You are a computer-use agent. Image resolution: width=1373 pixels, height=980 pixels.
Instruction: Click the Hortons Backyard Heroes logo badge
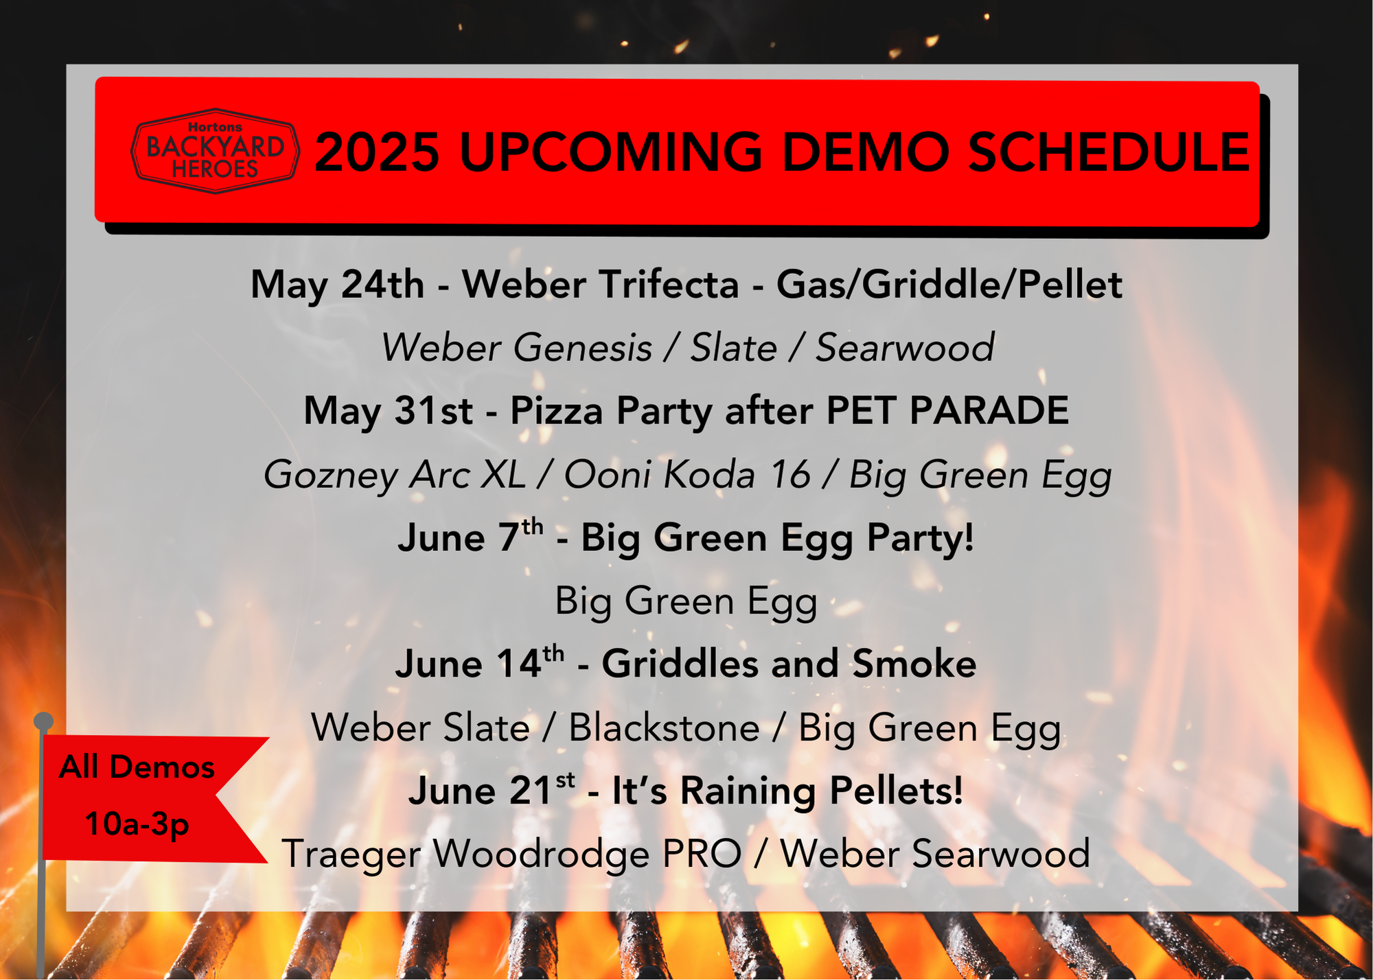coord(215,151)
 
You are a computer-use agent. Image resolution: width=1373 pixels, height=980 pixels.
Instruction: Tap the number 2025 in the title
coord(377,152)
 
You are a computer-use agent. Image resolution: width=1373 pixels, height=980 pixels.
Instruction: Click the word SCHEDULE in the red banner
coord(1109,152)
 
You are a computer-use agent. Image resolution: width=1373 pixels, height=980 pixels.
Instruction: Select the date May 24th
coord(337,284)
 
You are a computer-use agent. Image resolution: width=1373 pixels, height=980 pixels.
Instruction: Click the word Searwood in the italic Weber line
coord(905,347)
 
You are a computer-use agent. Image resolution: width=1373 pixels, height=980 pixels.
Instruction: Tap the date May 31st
coord(388,410)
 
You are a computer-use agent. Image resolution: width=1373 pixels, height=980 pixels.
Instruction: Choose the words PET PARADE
coord(947,410)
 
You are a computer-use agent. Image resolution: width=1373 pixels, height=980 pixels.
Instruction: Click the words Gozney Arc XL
coord(395,475)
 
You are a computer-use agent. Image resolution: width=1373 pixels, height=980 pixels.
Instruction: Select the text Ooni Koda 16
coord(687,474)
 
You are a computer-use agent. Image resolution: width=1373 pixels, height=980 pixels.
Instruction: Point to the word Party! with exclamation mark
coord(921,537)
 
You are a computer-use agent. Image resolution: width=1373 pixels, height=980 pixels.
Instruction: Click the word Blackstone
coord(664,727)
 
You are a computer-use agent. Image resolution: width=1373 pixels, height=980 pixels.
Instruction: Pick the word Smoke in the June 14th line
coord(914,664)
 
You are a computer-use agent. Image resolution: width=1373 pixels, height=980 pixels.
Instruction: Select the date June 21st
coord(491,790)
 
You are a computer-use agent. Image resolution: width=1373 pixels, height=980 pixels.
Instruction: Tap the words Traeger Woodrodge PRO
coord(511,854)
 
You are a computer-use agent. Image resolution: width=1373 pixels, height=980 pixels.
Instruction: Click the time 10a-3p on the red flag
coord(137,824)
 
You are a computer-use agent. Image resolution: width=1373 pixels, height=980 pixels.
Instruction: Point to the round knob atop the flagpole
coord(43,721)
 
